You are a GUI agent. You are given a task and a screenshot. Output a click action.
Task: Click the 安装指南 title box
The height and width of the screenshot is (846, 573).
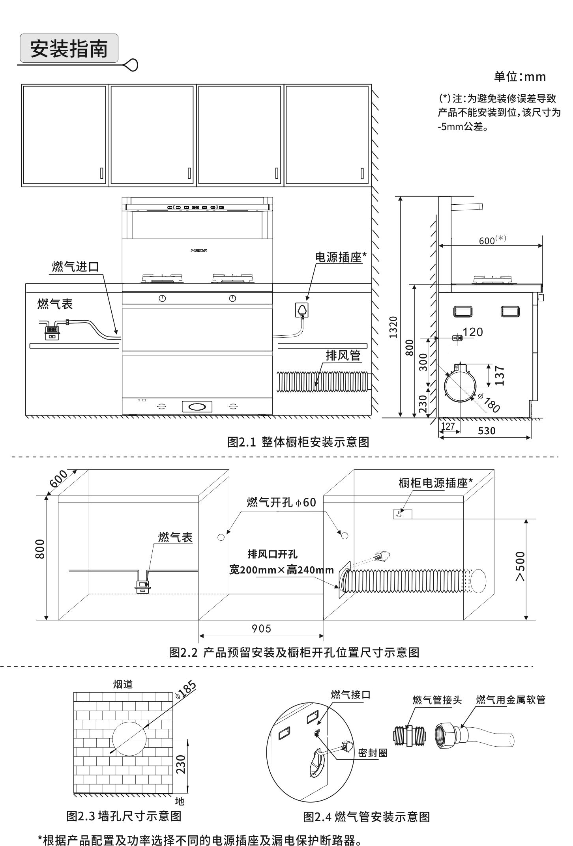69,49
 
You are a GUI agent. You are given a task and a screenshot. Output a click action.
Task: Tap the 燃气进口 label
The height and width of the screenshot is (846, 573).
75,267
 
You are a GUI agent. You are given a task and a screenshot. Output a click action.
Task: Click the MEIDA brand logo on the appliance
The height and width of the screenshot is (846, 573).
198,250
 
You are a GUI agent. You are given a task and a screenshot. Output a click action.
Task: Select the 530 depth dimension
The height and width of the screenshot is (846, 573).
486,431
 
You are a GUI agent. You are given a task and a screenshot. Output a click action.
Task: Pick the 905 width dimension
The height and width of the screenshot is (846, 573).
262,628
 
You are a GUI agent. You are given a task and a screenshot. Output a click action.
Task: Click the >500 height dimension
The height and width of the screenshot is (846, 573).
521,566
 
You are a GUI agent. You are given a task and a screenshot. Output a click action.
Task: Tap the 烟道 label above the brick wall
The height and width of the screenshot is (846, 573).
123,684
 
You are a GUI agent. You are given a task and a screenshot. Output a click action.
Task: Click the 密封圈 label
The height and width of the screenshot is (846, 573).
373,753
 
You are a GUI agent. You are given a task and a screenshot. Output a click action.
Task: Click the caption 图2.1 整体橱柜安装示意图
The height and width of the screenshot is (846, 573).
298,442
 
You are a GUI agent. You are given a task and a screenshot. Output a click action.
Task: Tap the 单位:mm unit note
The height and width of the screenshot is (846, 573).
520,77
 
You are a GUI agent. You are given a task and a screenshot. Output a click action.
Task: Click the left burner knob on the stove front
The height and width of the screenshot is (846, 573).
162,298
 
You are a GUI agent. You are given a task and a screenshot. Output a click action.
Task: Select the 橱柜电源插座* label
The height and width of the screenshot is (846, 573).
436,483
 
